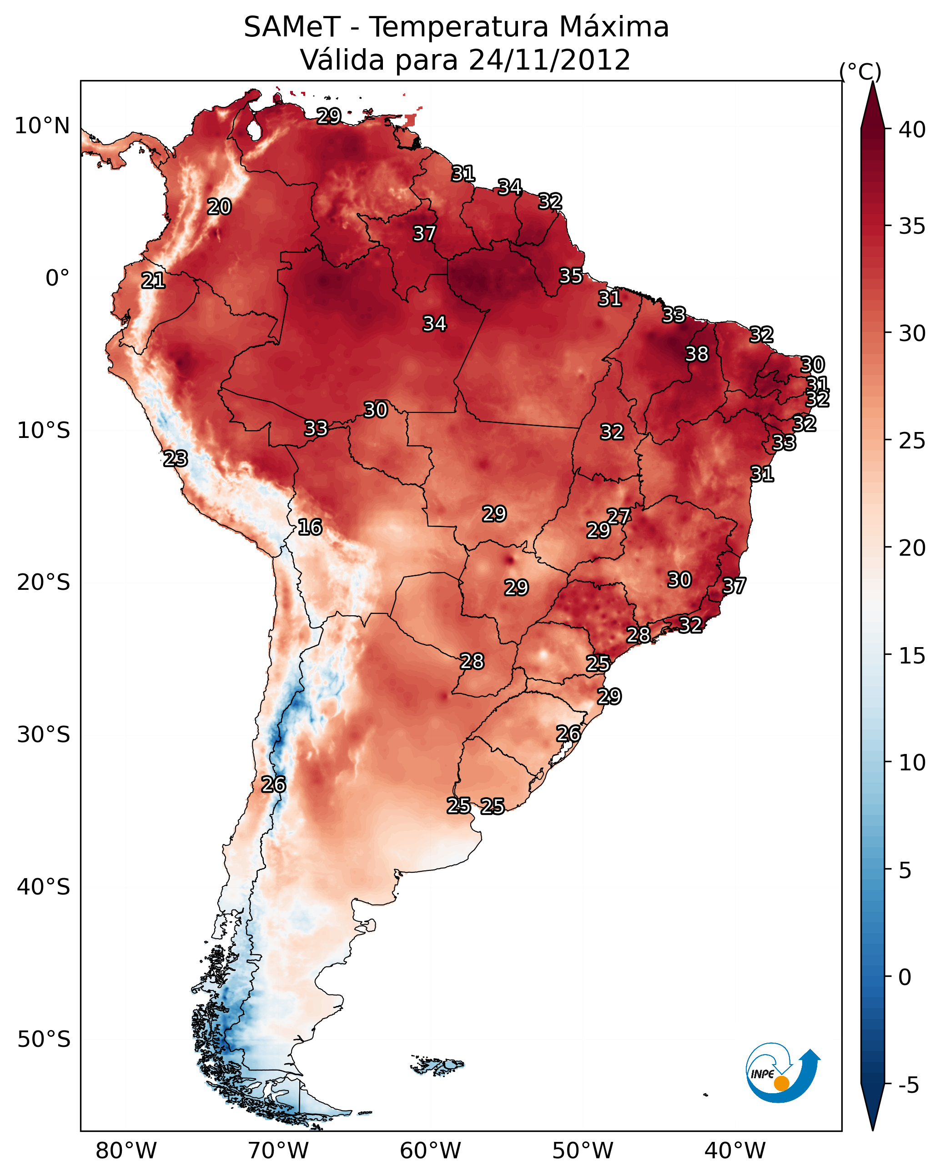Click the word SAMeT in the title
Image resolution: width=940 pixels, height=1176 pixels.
click(x=292, y=27)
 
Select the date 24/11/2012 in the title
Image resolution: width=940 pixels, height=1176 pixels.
click(x=549, y=60)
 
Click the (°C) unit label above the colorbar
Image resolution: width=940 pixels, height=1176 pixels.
click(x=860, y=71)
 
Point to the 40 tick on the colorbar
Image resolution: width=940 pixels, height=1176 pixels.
click(x=913, y=130)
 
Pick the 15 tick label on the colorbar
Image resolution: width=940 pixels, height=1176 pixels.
click(x=913, y=656)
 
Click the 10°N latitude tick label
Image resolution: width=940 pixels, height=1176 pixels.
click(x=42, y=126)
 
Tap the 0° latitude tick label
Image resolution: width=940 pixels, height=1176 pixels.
click(x=58, y=278)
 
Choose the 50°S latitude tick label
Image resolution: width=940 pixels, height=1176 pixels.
click(x=44, y=1040)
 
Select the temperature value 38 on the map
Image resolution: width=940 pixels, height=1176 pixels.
click(x=697, y=354)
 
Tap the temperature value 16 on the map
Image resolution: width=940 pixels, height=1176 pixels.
click(x=310, y=527)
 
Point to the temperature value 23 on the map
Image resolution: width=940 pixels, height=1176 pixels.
click(x=176, y=459)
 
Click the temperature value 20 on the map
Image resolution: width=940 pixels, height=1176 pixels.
click(x=219, y=207)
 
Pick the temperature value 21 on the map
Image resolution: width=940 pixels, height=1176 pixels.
click(x=153, y=281)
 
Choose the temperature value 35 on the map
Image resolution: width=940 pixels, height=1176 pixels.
click(x=571, y=276)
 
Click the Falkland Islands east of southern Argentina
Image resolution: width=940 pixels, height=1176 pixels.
click(x=437, y=1065)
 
